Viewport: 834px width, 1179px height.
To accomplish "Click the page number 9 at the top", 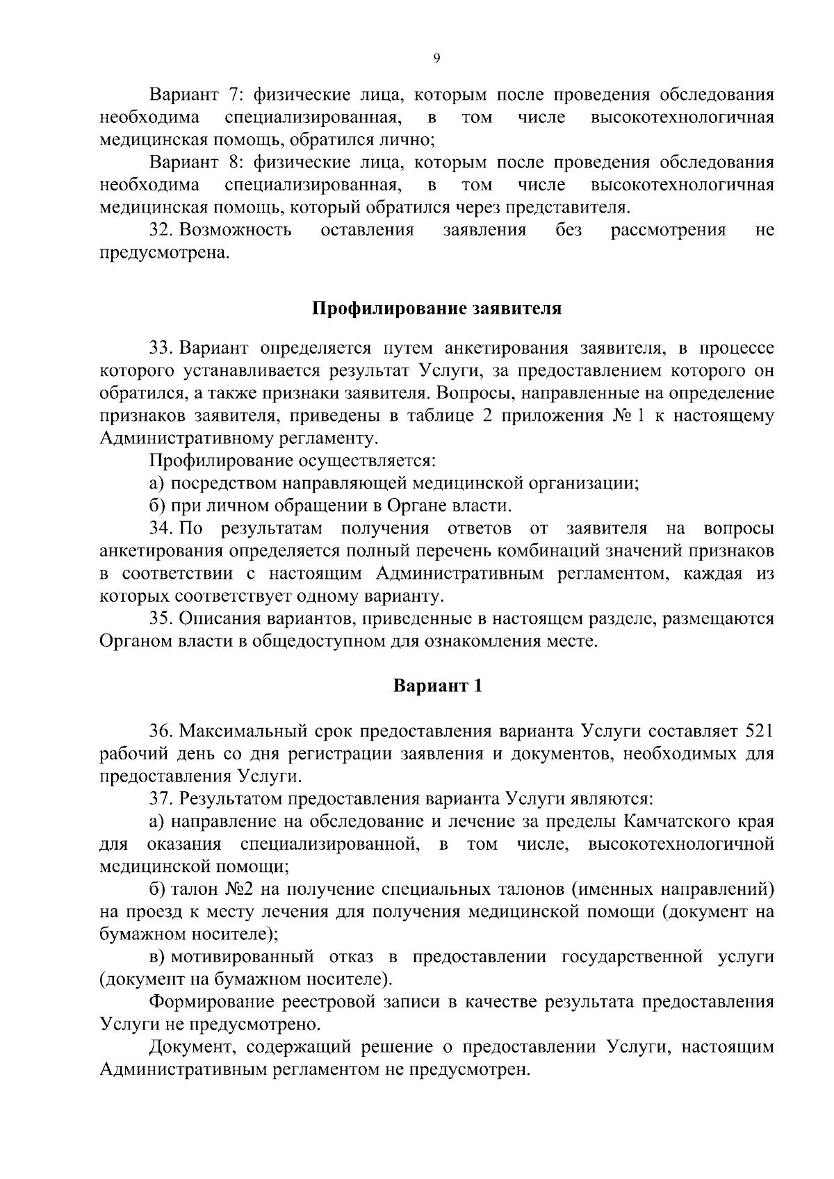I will point(436,59).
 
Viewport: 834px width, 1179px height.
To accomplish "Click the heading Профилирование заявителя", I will point(436,308).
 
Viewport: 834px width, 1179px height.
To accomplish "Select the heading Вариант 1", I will point(437,686).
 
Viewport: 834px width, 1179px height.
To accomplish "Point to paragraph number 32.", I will point(161,230).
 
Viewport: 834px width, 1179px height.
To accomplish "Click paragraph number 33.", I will point(161,347).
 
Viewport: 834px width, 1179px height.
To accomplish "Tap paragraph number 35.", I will point(161,618).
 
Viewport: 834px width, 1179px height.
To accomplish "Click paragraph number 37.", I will point(161,799).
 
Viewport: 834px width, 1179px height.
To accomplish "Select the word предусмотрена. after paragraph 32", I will point(165,253).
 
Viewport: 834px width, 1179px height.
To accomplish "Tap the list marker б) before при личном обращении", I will point(156,506).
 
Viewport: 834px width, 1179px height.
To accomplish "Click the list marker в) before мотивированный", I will point(156,957).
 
